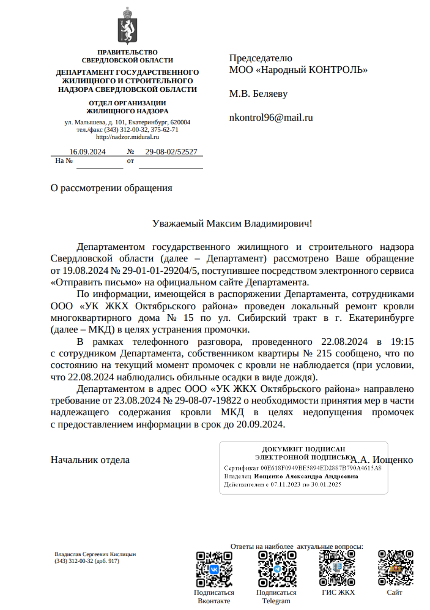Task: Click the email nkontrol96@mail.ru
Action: coord(270,118)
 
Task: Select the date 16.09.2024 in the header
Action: coord(87,152)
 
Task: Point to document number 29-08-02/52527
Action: coord(171,152)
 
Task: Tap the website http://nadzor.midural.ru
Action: coord(127,137)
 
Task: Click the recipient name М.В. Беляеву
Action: coord(258,94)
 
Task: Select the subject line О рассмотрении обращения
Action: coord(111,188)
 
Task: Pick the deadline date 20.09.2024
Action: coord(262,424)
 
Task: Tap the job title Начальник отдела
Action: coord(90,459)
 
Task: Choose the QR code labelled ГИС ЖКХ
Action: coord(338,569)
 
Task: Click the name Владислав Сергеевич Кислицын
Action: coord(95,554)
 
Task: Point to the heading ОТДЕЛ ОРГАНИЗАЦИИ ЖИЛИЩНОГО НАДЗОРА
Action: coord(127,107)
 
